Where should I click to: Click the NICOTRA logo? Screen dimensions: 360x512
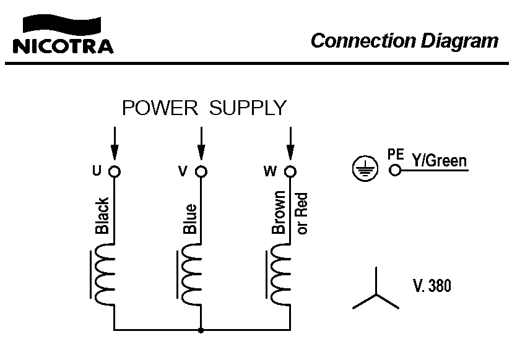pyautogui.click(x=63, y=35)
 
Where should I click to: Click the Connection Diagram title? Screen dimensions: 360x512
pyautogui.click(x=404, y=41)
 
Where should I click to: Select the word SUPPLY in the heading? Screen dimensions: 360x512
pyautogui.click(x=248, y=108)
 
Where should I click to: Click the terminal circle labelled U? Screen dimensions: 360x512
pyautogui.click(x=114, y=171)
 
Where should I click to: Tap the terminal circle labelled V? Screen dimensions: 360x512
pyautogui.click(x=201, y=171)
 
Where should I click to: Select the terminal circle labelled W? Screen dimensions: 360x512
pyautogui.click(x=289, y=171)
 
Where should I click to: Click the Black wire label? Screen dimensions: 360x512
pyautogui.click(x=102, y=216)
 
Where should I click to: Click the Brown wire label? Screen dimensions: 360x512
pyautogui.click(x=279, y=212)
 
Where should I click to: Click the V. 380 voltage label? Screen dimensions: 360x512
pyautogui.click(x=432, y=286)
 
